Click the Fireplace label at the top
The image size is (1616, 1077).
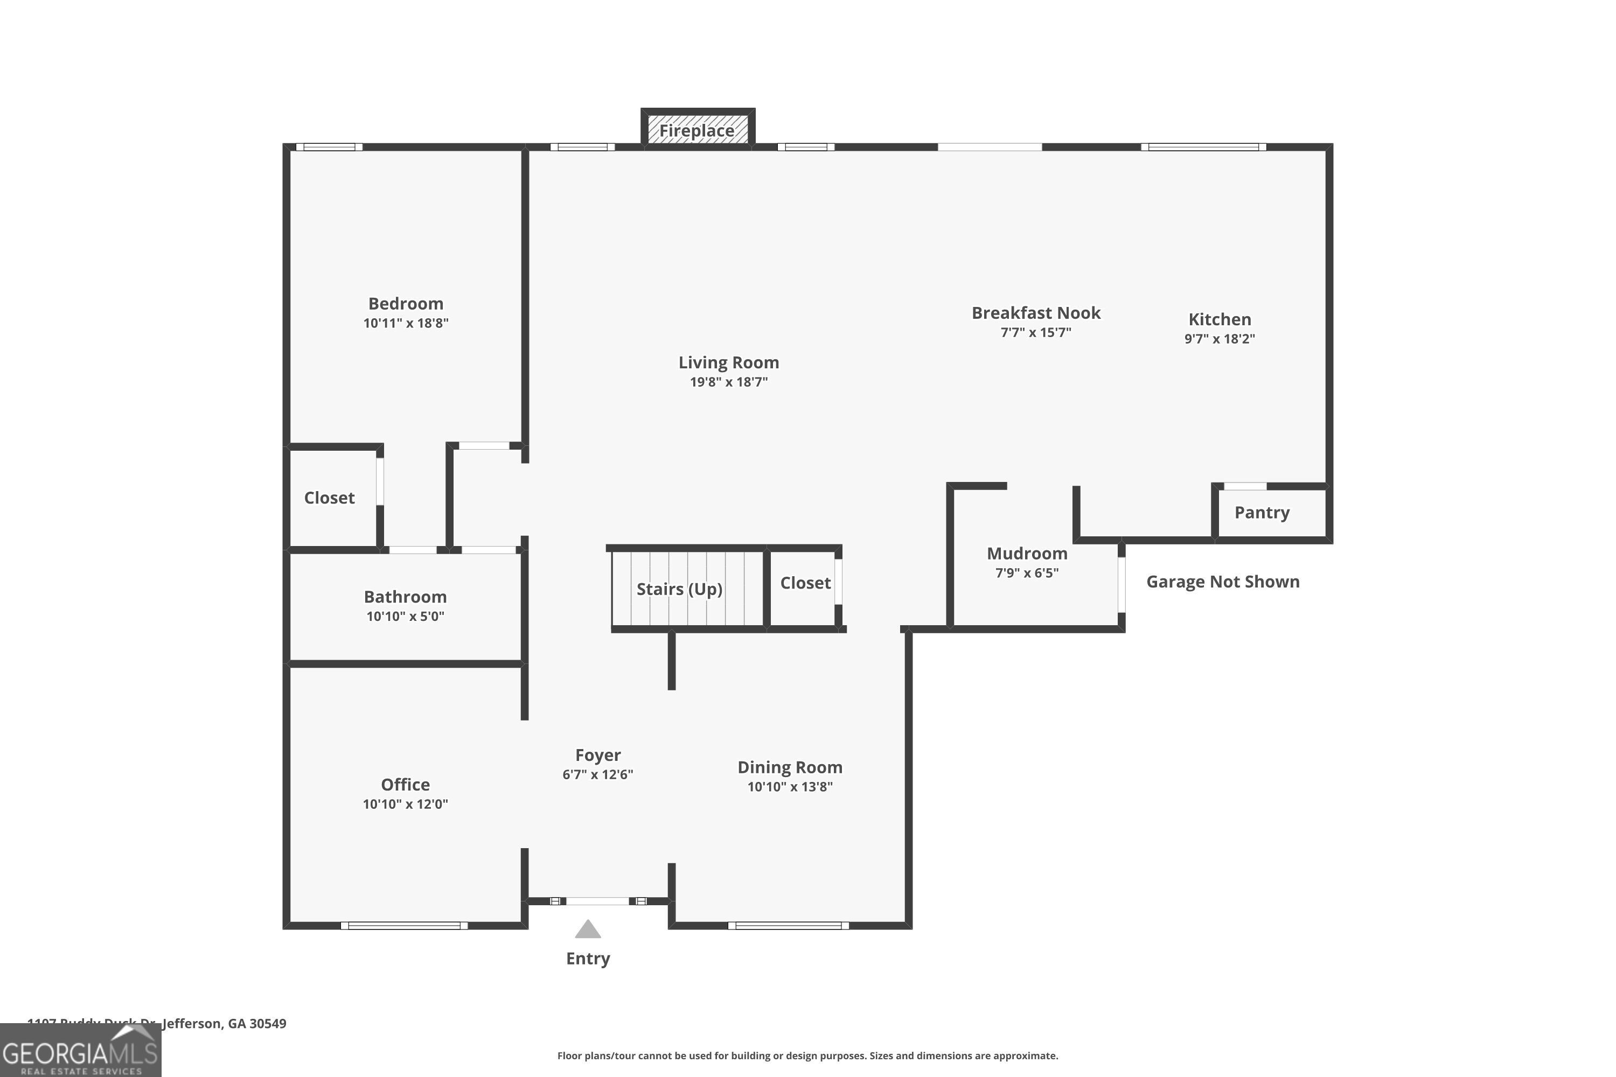pyautogui.click(x=696, y=130)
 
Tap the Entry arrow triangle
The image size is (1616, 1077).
pyautogui.click(x=588, y=929)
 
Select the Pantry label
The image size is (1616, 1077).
pyautogui.click(x=1262, y=513)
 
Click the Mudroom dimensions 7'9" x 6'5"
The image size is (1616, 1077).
pyautogui.click(x=1027, y=573)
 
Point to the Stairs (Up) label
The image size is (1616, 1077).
pyautogui.click(x=679, y=589)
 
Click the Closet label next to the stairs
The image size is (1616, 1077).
pyautogui.click(x=805, y=583)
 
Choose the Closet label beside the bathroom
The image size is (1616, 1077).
pyautogui.click(x=329, y=498)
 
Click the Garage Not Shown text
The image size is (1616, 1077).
pyautogui.click(x=1222, y=582)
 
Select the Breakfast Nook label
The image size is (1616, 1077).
pyautogui.click(x=1035, y=313)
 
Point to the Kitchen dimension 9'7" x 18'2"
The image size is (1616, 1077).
pyautogui.click(x=1219, y=339)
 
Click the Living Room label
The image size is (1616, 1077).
pyautogui.click(x=728, y=362)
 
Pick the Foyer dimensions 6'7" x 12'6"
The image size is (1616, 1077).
pyautogui.click(x=597, y=775)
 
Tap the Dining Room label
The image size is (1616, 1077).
pyautogui.click(x=790, y=767)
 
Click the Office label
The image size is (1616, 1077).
pyautogui.click(x=406, y=785)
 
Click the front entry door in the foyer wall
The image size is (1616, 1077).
pyautogui.click(x=597, y=901)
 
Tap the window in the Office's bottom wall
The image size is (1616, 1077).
pyautogui.click(x=404, y=926)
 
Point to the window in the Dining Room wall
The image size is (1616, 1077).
pyautogui.click(x=788, y=926)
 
